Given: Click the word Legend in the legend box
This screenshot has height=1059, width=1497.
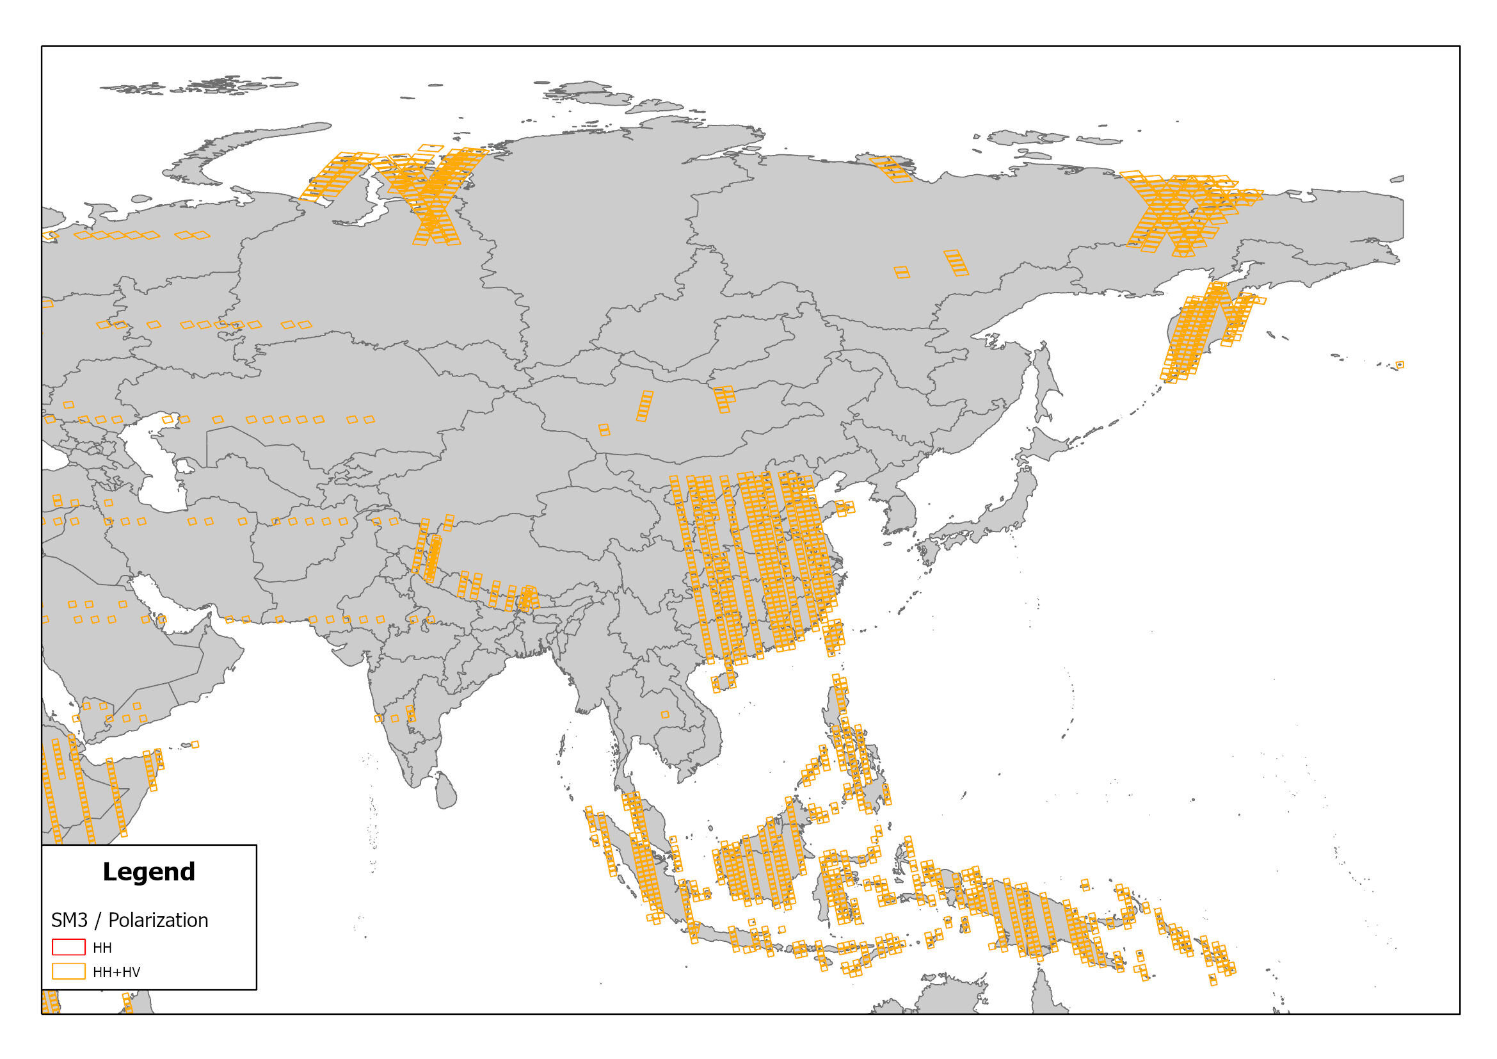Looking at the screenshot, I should coord(148,872).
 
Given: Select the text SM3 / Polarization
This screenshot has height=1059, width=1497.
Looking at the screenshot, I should coord(130,920).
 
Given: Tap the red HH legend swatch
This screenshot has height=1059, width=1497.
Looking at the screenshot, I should coord(68,947).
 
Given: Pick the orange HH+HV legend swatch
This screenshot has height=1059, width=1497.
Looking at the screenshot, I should coord(68,971).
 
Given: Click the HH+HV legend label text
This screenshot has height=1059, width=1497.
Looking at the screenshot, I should coord(116,972).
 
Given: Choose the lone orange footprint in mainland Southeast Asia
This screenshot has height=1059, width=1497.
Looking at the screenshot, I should coord(665,715).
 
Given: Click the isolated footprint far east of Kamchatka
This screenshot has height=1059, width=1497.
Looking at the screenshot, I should coord(1400,365).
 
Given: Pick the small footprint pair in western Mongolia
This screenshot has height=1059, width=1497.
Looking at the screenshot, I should coord(604,430).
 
